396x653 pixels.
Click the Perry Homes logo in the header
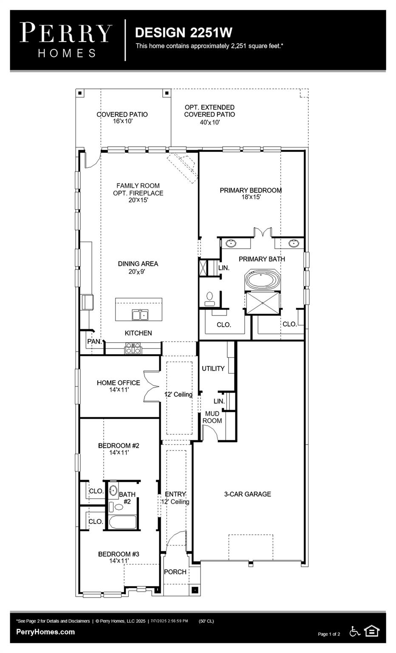point(66,40)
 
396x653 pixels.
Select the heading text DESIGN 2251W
point(183,32)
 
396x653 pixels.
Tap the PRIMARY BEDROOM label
point(250,190)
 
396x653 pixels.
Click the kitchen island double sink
point(140,315)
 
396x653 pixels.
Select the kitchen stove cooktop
point(133,348)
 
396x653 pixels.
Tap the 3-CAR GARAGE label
point(247,494)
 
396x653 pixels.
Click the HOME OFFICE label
point(118,383)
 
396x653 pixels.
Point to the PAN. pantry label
point(94,341)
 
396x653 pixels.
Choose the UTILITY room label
point(213,369)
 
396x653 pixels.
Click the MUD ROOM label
point(212,417)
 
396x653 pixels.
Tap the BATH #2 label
point(127,498)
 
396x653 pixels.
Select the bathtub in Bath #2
point(122,522)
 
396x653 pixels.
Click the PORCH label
point(175,572)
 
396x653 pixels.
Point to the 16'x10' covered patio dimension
point(122,121)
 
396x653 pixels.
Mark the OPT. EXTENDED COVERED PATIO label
point(209,111)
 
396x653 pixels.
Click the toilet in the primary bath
point(209,298)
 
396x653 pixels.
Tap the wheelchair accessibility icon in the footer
point(354,631)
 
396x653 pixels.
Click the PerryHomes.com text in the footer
point(45,632)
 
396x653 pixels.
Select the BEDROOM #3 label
point(119,554)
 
